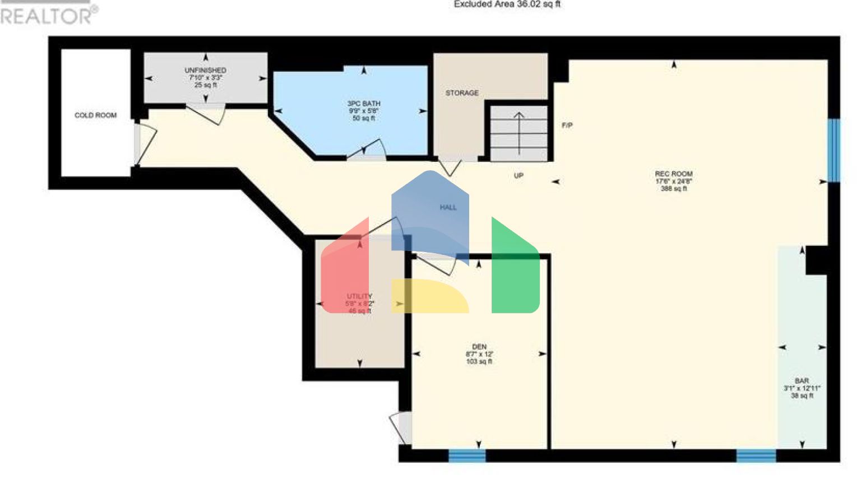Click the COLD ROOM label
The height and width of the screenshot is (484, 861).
(x=95, y=115)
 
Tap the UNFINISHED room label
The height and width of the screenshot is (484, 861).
(x=206, y=71)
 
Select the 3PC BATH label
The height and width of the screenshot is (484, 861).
(x=364, y=104)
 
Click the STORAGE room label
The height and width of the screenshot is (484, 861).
(x=462, y=93)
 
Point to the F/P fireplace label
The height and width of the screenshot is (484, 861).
(x=567, y=125)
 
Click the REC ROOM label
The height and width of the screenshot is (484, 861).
(x=673, y=174)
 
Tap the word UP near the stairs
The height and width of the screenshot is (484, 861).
(x=519, y=176)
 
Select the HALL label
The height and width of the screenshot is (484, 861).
(x=448, y=207)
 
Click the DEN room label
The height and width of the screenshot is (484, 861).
(x=479, y=347)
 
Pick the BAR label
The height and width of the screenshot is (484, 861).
(x=802, y=381)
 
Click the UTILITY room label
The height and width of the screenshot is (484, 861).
(x=359, y=296)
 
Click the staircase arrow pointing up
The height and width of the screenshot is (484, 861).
(x=519, y=132)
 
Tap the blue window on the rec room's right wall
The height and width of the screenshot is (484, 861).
(x=834, y=150)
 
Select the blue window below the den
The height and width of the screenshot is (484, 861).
(x=467, y=455)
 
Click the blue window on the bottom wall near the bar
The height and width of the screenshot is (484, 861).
(x=756, y=455)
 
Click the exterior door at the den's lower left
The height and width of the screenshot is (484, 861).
(x=400, y=428)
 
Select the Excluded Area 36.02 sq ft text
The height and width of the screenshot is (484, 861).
(x=507, y=4)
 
